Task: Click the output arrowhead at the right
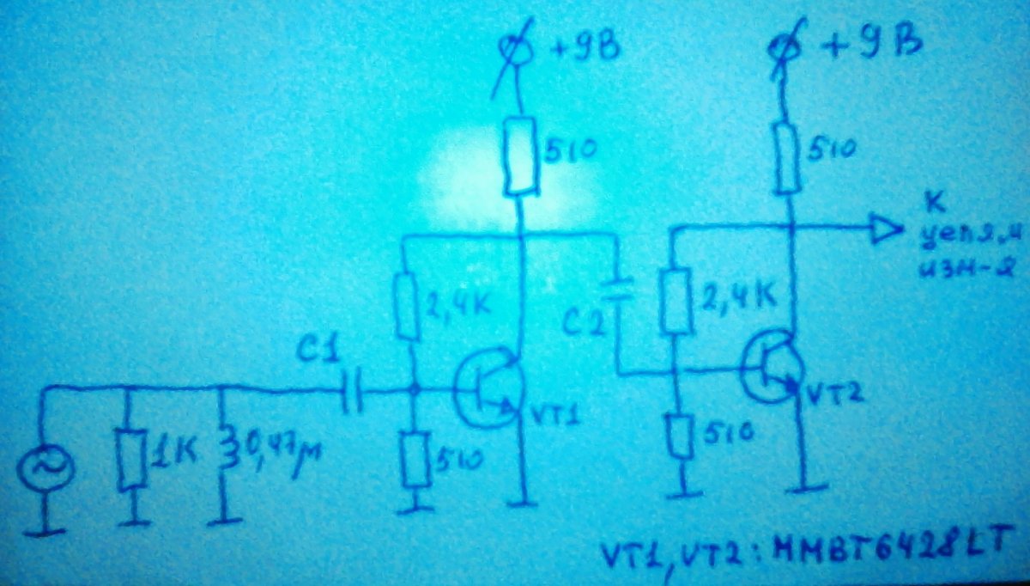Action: pyautogui.click(x=885, y=229)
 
